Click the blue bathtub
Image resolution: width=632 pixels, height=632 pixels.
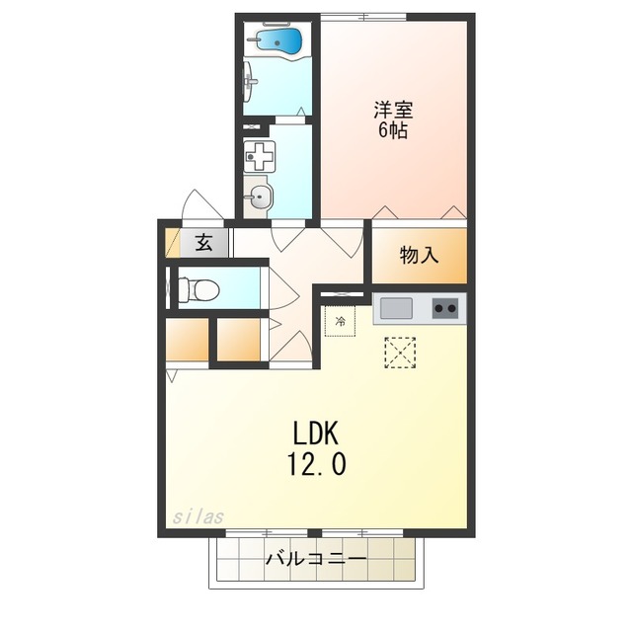coord(277,40)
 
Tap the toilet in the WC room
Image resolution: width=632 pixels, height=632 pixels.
coord(201,289)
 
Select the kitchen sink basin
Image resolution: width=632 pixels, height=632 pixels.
coord(396,309)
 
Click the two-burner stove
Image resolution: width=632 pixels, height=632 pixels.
coord(445,309)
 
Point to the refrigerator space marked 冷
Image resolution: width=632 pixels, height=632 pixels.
coord(341,321)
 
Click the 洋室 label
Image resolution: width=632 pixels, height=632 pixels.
coord(392,110)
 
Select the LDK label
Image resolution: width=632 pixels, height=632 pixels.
coord(316,432)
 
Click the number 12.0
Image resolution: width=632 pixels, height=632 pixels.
coord(316,463)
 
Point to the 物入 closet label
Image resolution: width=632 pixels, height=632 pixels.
coord(418,255)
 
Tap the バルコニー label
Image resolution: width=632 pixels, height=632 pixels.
coord(316,560)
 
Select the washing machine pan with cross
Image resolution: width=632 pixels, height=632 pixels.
coord(261,155)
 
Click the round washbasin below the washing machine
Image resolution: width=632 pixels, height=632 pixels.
coord(259,196)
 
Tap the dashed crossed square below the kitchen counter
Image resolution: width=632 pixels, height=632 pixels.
coord(400,354)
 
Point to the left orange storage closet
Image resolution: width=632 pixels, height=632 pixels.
coord(187,341)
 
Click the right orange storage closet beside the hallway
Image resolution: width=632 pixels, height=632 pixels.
coord(238,341)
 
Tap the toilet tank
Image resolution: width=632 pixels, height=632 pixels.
coord(181,289)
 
